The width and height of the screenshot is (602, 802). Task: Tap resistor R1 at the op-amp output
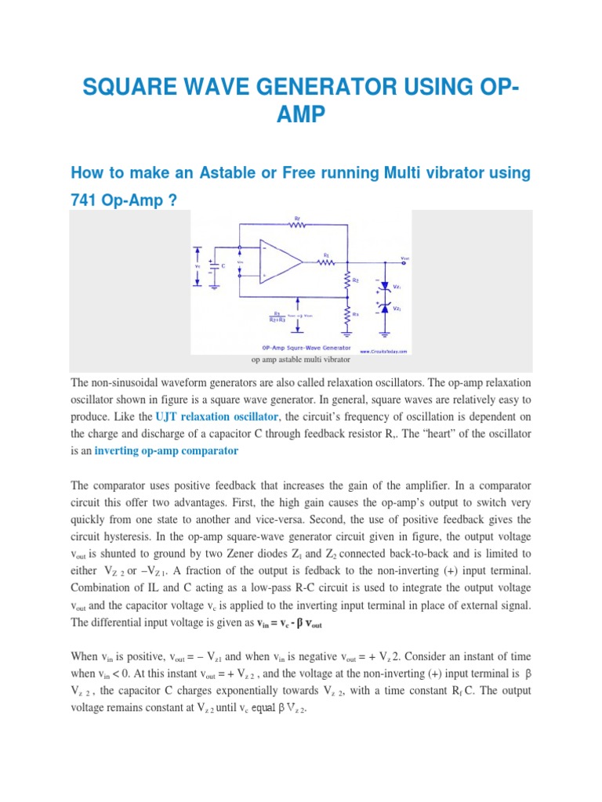click(326, 262)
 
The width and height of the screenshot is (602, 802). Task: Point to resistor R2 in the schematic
click(346, 280)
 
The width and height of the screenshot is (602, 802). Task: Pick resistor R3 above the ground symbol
click(346, 314)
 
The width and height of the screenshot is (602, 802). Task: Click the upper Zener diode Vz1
click(384, 287)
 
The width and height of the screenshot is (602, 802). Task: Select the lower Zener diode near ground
click(384, 309)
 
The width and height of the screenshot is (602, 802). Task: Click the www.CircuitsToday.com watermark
click(383, 352)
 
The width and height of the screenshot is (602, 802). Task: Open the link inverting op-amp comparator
click(165, 451)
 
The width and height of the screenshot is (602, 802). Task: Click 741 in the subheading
click(85, 200)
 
